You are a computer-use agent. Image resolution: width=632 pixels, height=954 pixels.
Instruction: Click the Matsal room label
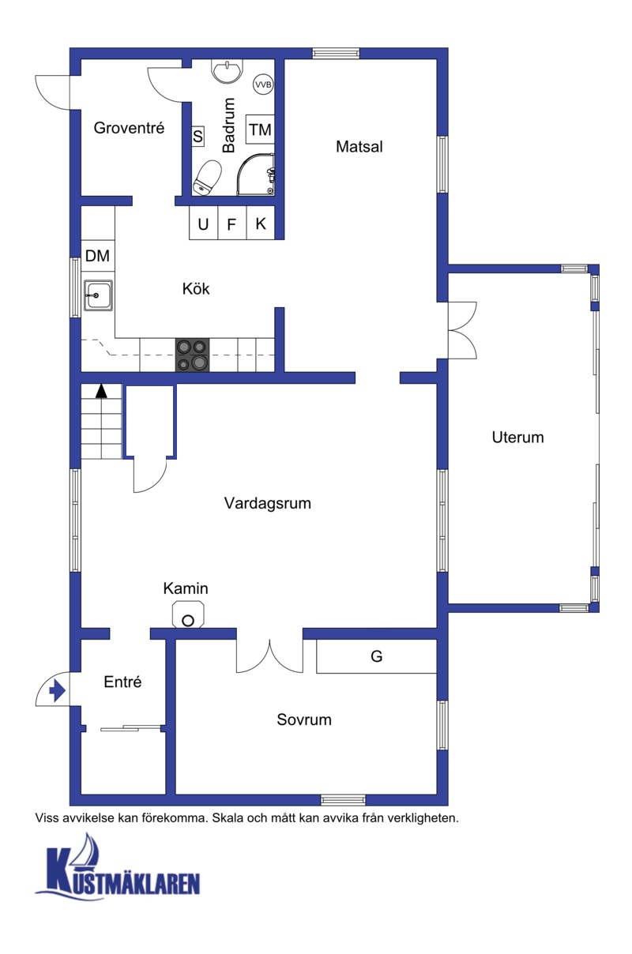(x=359, y=147)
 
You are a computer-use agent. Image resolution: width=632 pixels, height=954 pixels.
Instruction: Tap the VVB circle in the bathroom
(x=263, y=85)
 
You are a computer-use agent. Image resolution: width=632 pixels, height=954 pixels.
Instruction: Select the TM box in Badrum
(x=260, y=130)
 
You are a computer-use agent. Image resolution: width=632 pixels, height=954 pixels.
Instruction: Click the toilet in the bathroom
(x=208, y=178)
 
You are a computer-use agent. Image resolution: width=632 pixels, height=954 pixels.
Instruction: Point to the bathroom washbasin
(x=228, y=71)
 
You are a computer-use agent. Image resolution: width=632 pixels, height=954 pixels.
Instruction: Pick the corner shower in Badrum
(x=256, y=175)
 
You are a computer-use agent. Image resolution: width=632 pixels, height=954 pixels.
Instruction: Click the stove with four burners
(x=192, y=355)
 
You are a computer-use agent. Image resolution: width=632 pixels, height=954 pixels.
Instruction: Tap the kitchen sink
(x=99, y=295)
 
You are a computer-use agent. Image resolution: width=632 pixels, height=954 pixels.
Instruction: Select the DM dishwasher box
(x=98, y=256)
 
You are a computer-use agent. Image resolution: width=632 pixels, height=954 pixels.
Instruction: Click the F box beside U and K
(x=231, y=223)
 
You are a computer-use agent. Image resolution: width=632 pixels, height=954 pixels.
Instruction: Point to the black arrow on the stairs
(x=101, y=391)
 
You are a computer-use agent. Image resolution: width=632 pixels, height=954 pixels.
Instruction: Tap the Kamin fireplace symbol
(x=188, y=614)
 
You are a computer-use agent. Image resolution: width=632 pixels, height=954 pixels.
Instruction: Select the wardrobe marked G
(x=376, y=656)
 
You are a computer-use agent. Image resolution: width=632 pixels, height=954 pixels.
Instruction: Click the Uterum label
(x=517, y=438)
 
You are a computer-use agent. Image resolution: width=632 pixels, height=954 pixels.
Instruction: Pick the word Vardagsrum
(x=268, y=503)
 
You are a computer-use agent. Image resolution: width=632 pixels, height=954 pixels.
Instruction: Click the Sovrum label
(x=304, y=719)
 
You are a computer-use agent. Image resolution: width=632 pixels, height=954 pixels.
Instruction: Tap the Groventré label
(x=129, y=128)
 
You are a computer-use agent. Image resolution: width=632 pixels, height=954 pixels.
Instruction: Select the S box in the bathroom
(x=197, y=137)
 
